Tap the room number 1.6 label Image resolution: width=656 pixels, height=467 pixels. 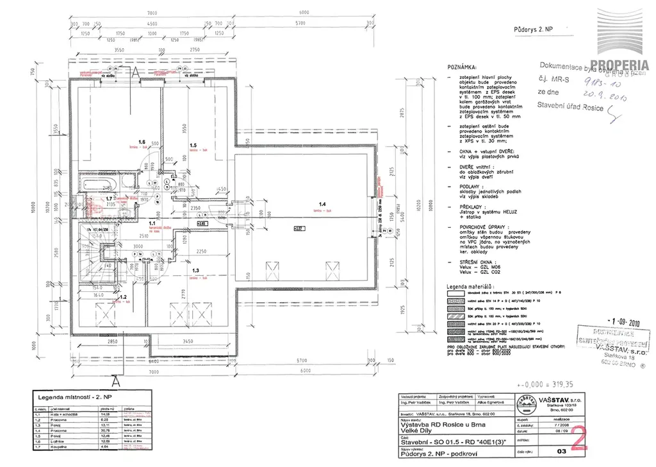pos(142,141)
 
